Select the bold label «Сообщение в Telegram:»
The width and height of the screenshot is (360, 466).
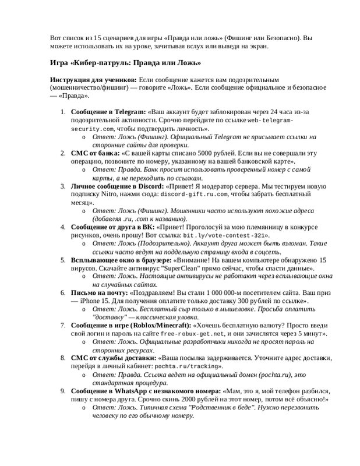(108, 111)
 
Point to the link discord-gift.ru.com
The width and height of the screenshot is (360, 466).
(193, 194)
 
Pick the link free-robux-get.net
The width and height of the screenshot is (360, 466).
(193, 333)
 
